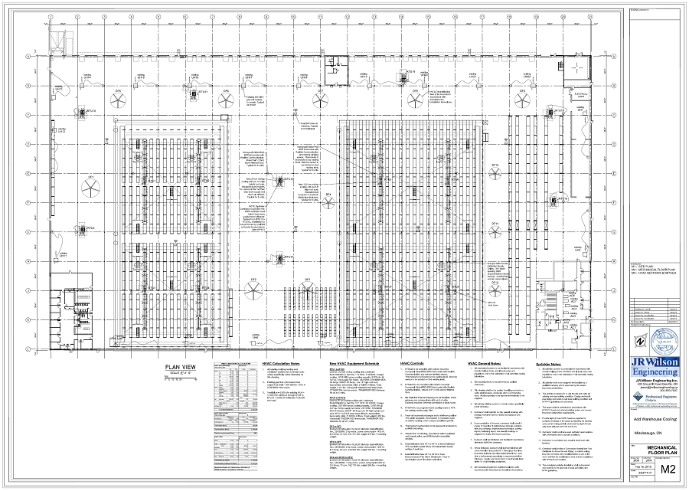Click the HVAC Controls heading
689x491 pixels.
click(414, 363)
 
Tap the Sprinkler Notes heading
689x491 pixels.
click(554, 363)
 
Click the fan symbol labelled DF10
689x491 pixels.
click(495, 173)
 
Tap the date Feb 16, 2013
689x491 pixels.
click(622, 464)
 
